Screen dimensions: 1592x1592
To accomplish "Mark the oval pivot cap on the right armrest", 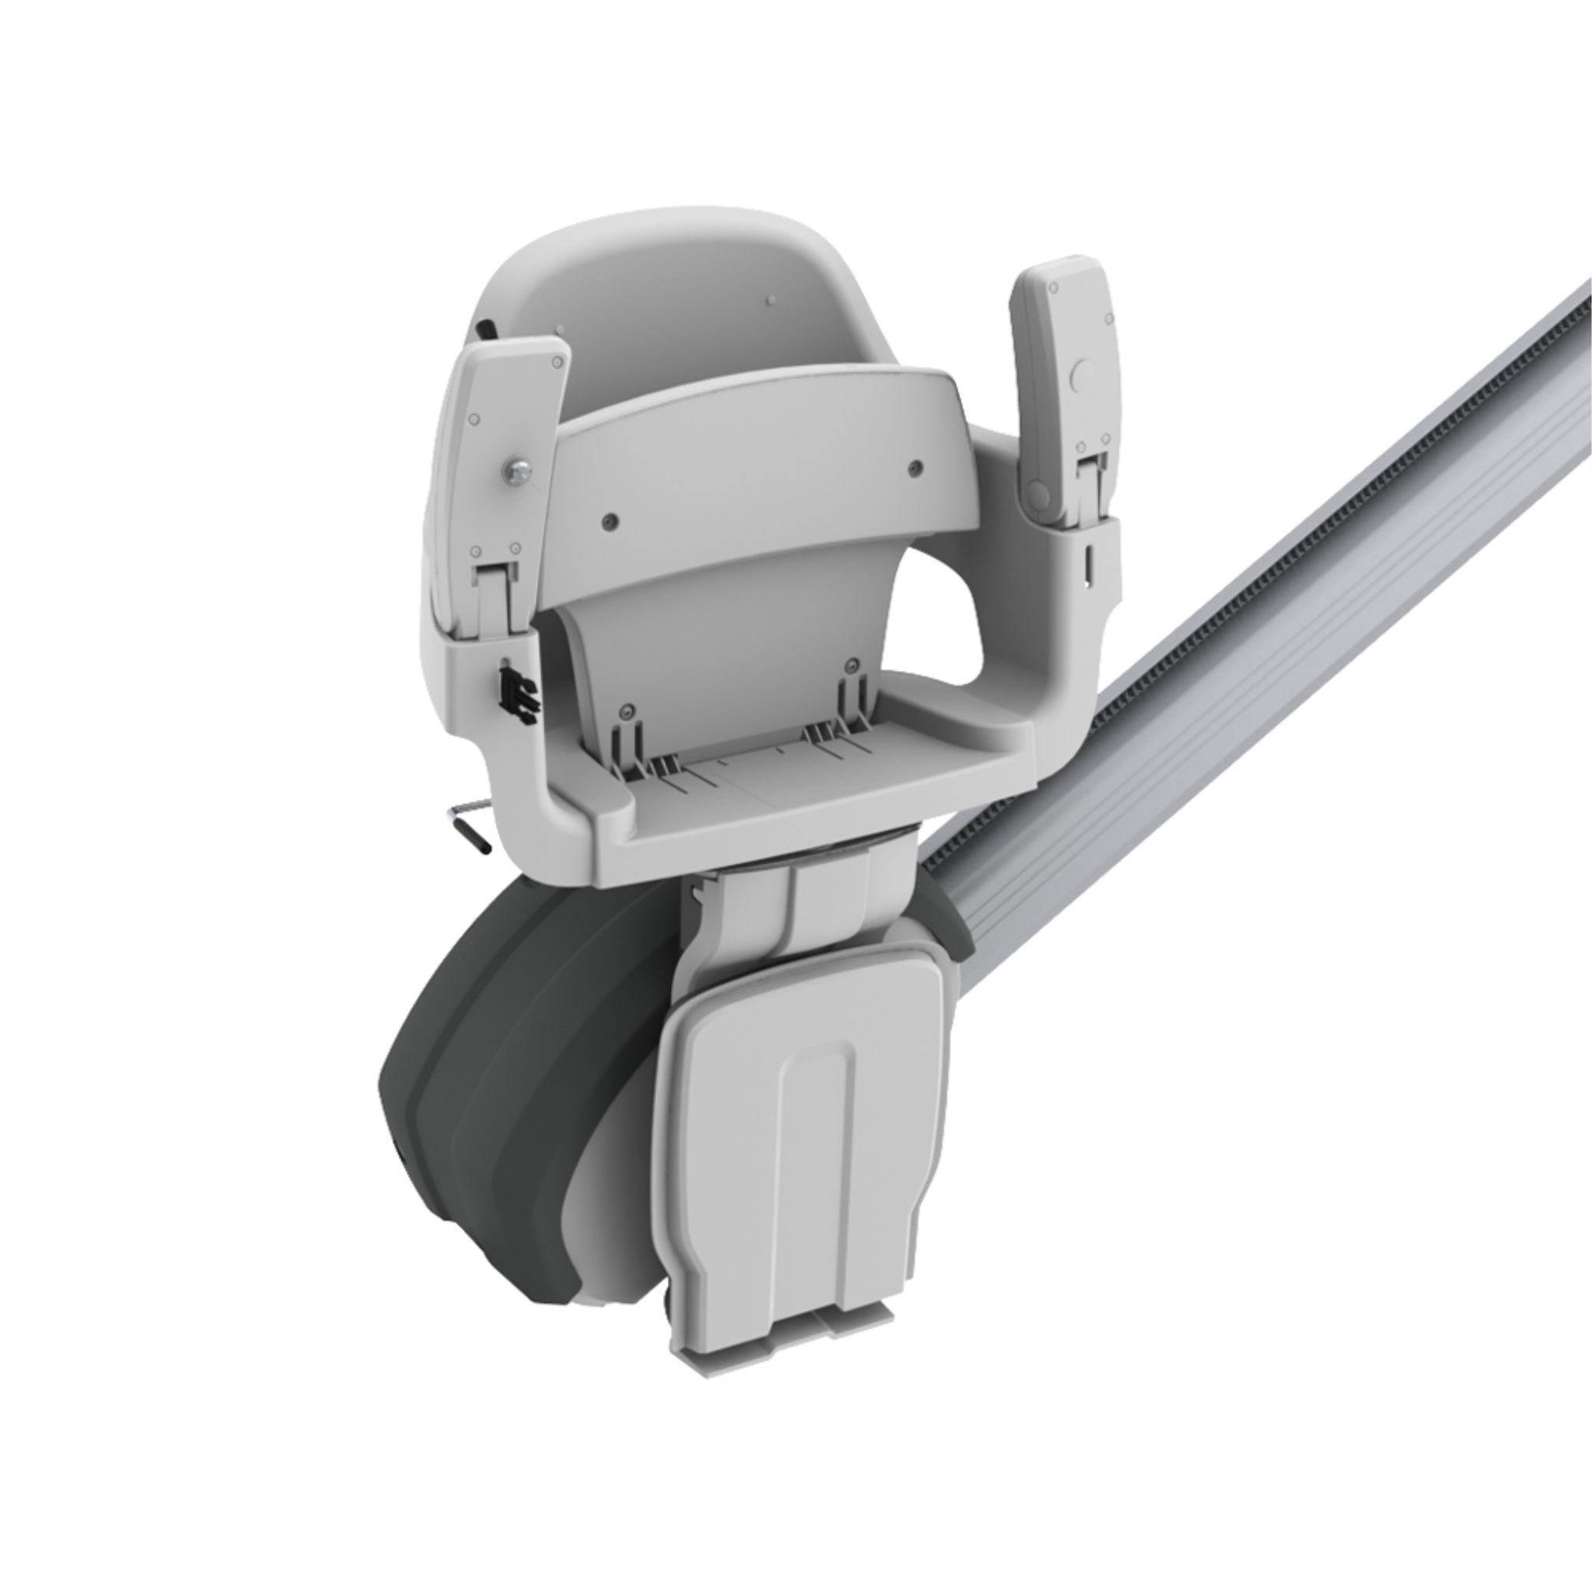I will (x=1039, y=495).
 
